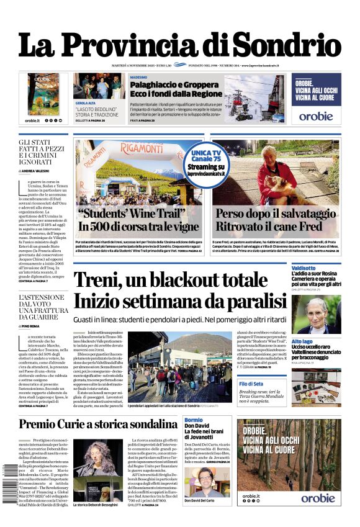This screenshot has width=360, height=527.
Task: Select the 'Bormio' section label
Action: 193,420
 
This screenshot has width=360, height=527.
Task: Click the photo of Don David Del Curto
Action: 207,482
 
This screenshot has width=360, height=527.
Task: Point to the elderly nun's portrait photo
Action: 317,313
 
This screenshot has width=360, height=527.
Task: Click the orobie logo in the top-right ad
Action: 316,115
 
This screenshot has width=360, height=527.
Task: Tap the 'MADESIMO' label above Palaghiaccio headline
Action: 138,77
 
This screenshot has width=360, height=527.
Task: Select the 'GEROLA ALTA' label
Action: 84,103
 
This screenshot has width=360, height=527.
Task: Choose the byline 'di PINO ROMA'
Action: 30,325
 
